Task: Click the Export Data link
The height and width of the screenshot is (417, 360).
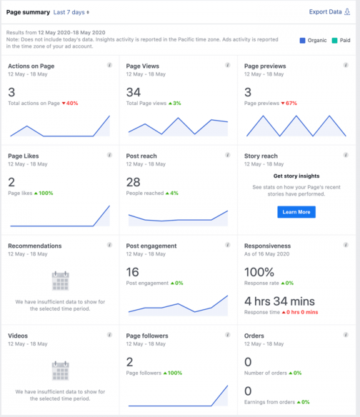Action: tap(326, 12)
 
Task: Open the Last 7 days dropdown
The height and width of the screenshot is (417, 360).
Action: tap(71, 12)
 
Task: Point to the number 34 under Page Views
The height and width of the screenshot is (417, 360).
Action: tap(134, 92)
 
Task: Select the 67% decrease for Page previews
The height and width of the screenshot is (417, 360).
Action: tap(289, 104)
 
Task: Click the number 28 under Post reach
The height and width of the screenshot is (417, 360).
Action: tap(134, 182)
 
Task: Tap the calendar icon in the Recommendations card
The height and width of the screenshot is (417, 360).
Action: tap(60, 280)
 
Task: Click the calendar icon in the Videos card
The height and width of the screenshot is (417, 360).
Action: tap(60, 370)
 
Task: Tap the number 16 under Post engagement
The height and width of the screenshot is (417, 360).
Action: tap(133, 272)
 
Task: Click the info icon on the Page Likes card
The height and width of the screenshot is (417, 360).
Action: tap(109, 155)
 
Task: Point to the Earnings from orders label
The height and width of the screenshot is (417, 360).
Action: tap(269, 402)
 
